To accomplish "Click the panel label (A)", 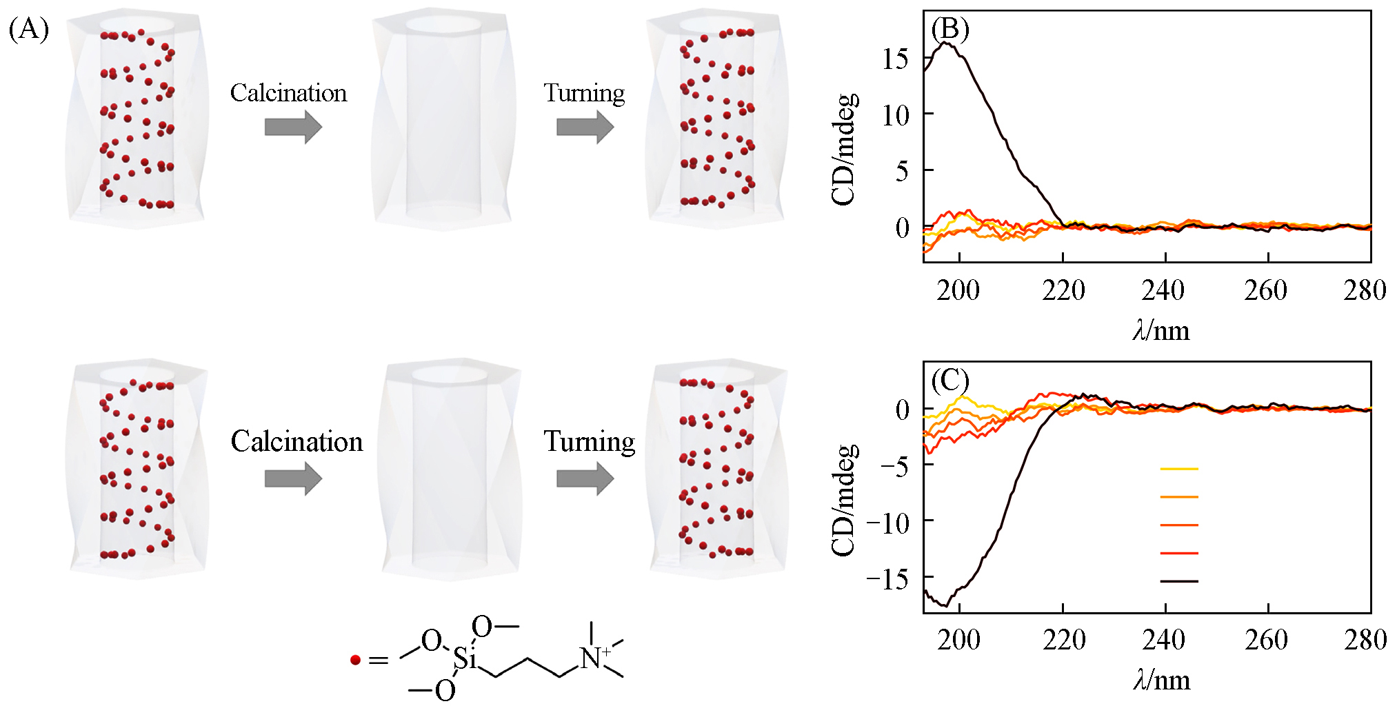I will (28, 30).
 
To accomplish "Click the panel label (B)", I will (949, 30).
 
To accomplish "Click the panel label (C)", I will (949, 380).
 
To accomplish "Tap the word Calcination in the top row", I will (288, 93).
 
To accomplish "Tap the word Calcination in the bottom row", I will (297, 442).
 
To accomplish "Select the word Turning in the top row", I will (584, 93).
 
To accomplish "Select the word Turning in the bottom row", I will (589, 442).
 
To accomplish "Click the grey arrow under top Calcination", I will (293, 127).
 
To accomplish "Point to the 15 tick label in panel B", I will (895, 59).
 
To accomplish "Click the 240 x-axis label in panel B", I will (1163, 291).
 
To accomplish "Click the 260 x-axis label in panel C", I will (1266, 641).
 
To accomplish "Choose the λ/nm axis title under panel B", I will (1161, 332).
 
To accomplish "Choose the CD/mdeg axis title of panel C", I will (844, 500).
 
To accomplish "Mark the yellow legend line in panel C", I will (1179, 469).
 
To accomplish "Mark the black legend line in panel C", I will (1179, 581).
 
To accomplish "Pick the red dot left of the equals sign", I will (355, 660).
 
